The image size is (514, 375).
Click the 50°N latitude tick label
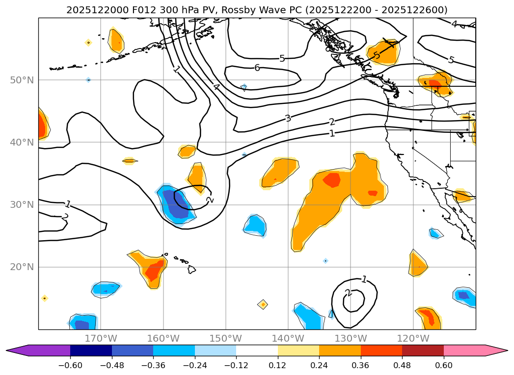[x=23, y=80]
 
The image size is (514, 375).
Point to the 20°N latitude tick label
[x=23, y=267]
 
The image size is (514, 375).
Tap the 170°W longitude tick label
[x=101, y=338]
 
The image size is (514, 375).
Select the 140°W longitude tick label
[x=288, y=338]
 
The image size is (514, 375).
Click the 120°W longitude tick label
[x=413, y=338]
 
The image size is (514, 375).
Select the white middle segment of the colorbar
[x=257, y=350]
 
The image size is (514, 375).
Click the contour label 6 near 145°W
[x=257, y=68]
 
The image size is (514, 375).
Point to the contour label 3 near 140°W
[x=288, y=118]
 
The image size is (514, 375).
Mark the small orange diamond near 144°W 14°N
[x=263, y=304]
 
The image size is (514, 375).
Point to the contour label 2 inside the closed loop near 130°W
[x=348, y=293]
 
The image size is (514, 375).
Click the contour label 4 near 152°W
[x=216, y=88]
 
